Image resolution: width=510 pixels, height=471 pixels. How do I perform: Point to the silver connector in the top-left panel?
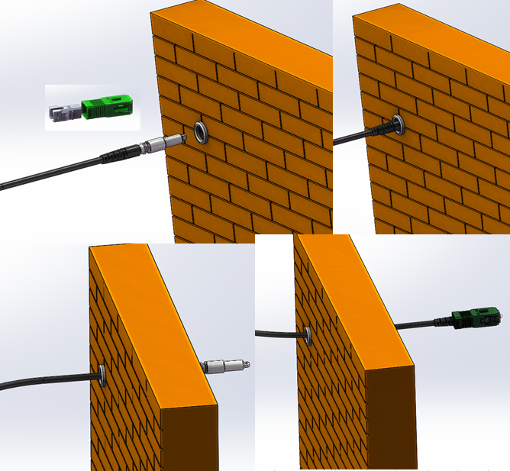coord(165,142)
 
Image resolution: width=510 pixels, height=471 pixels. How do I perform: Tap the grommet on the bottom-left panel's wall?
coord(101,373)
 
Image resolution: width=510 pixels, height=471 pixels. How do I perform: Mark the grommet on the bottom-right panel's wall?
coord(306,334)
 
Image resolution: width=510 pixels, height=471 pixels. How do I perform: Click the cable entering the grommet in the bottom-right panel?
coord(279,332)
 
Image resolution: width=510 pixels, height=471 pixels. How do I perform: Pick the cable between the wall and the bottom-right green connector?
coord(424,324)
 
